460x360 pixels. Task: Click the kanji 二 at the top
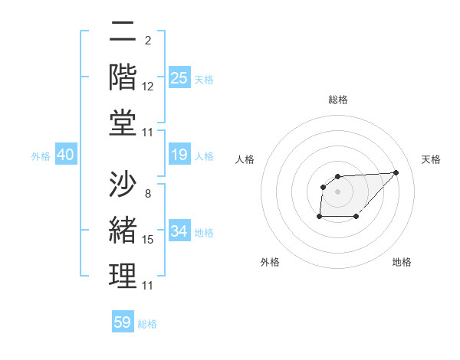(x=123, y=33)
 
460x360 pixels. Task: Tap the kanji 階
(x=123, y=79)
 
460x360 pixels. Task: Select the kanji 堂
(x=123, y=124)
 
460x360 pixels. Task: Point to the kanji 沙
(x=123, y=184)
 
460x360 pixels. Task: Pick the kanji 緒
(x=123, y=230)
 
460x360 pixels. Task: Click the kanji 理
(x=123, y=275)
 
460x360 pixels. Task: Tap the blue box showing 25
(x=179, y=78)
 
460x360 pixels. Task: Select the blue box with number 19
(x=179, y=155)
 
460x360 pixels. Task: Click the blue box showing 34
(x=179, y=231)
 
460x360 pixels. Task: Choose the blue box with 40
(x=65, y=155)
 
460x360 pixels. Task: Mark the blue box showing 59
(x=123, y=322)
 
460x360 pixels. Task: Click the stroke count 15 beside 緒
(x=148, y=240)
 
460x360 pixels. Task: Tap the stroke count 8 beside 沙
(x=147, y=194)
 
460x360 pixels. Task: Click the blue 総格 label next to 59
(x=147, y=323)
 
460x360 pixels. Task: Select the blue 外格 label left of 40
(x=41, y=156)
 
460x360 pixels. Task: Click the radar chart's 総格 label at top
(x=338, y=100)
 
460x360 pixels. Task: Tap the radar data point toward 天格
(x=396, y=172)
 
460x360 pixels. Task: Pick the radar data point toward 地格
(x=356, y=217)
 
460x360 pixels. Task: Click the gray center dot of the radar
(x=338, y=191)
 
